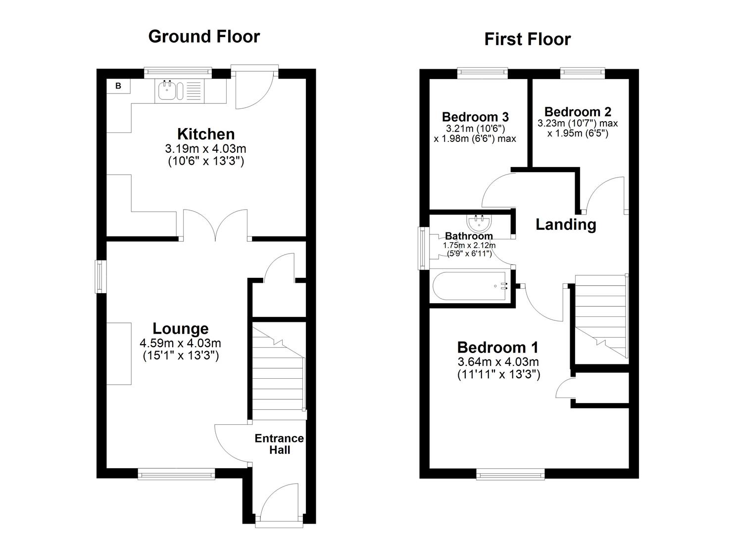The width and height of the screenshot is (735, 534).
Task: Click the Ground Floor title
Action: pyautogui.click(x=204, y=37)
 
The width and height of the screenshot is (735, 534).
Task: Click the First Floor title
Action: pyautogui.click(x=527, y=39)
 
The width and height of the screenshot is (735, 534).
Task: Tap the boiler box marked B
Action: pyautogui.click(x=118, y=86)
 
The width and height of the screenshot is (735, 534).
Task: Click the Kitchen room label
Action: pyautogui.click(x=206, y=134)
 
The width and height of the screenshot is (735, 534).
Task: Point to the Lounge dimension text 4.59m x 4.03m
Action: pyautogui.click(x=180, y=343)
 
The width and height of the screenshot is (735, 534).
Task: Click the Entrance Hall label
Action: pyautogui.click(x=279, y=444)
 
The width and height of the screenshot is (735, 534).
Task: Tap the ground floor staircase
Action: pyautogui.click(x=279, y=371)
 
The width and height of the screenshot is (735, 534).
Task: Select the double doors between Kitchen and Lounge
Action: pyautogui.click(x=215, y=225)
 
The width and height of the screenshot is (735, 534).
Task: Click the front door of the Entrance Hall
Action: pyautogui.click(x=279, y=504)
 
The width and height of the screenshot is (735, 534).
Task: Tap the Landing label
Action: pyautogui.click(x=566, y=224)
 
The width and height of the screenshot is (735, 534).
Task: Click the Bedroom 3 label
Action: pyautogui.click(x=475, y=117)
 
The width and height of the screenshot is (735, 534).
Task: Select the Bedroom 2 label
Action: pyautogui.click(x=578, y=112)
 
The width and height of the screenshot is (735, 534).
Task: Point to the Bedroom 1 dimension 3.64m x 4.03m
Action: pyautogui.click(x=498, y=362)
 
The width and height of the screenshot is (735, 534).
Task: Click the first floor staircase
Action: pyautogui.click(x=600, y=316)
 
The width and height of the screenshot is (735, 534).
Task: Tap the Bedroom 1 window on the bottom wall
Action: pyautogui.click(x=511, y=474)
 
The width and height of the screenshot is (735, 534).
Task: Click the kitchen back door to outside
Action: pyautogui.click(x=255, y=88)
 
